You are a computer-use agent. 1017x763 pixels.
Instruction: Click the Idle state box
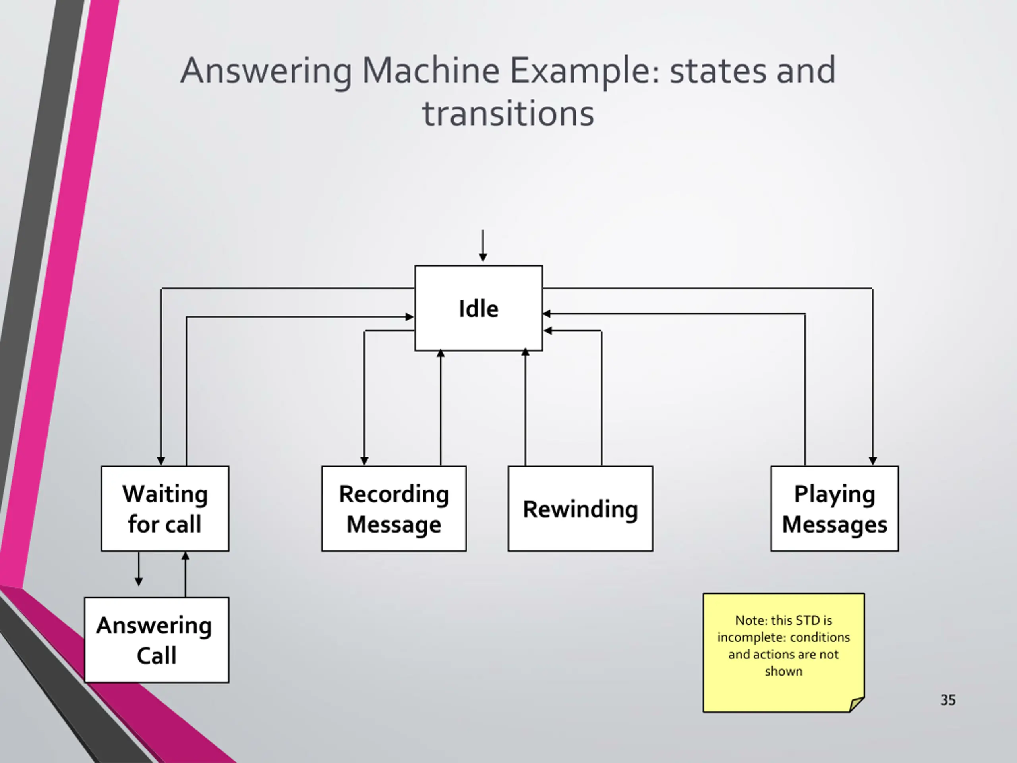pos(479,308)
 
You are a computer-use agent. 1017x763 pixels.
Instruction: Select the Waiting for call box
pos(165,508)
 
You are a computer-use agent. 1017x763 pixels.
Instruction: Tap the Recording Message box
pos(394,508)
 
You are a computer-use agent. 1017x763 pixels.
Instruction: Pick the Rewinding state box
pos(580,508)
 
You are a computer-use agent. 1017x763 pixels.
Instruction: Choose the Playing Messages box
pos(835,508)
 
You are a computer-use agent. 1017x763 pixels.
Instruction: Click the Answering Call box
pos(157,640)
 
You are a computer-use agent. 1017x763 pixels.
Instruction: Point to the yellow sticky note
pos(783,653)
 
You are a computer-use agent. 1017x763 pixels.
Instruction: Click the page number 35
pos(948,700)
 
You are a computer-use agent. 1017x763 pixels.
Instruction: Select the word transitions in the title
pos(508,114)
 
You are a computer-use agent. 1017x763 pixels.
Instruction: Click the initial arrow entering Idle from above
pos(483,246)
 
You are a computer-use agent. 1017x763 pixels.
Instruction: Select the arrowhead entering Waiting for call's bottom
pos(185,556)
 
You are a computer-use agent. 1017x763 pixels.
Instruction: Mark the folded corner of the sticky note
pos(857,705)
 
